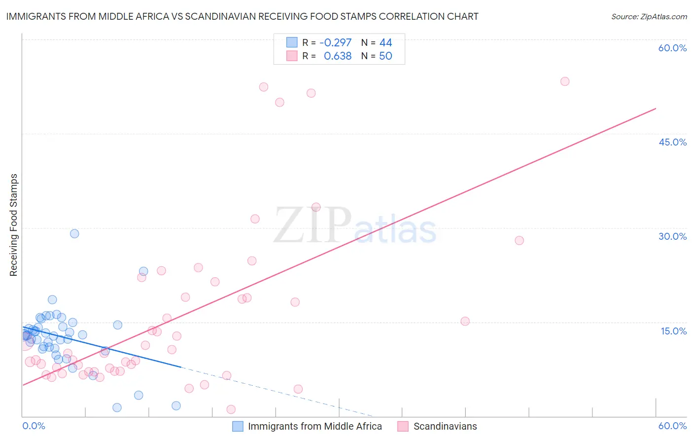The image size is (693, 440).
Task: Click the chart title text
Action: click(242, 16)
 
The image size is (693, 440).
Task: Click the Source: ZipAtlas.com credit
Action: click(649, 16)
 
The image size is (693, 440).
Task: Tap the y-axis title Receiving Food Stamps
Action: click(13, 225)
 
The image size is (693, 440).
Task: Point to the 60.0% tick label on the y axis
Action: click(672, 48)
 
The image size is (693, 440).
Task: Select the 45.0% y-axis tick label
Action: click(672, 142)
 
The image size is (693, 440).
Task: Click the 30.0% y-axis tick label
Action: click(672, 236)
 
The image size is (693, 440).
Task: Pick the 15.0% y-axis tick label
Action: click(673, 331)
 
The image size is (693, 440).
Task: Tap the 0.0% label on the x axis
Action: click(34, 426)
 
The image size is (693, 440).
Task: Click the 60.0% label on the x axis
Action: click(672, 426)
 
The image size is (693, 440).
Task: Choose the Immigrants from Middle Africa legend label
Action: click(314, 426)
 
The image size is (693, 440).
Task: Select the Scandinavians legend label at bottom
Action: click(445, 426)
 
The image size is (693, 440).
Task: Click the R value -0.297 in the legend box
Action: click(336, 43)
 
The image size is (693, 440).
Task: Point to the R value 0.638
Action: click(338, 56)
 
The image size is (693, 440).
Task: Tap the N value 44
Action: click(385, 43)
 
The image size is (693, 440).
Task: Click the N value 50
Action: click(385, 56)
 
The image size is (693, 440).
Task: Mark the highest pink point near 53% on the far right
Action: click(565, 81)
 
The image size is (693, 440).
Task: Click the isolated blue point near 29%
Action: click(74, 234)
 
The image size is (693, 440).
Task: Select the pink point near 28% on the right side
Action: click(519, 241)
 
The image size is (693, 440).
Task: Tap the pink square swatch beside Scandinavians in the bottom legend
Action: click(403, 426)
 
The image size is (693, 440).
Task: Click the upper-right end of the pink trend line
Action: click(656, 109)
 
